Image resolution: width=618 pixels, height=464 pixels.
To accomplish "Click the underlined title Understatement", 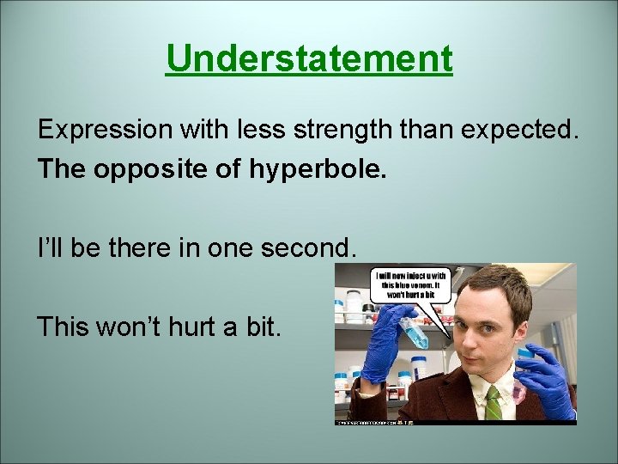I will (x=309, y=59).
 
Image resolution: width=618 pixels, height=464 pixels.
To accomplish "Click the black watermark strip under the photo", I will (x=455, y=422).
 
